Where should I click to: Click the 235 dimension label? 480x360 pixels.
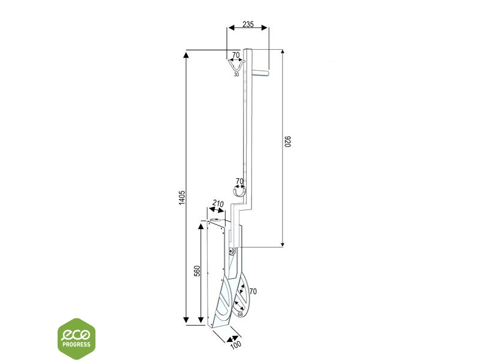coord(248,24)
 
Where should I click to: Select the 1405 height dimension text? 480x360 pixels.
coord(182,197)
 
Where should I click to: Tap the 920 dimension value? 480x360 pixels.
coord(287,142)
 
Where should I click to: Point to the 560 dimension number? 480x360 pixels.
coord(198,271)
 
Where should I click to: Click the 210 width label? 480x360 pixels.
coord(218,203)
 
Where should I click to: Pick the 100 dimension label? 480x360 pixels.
coord(235,345)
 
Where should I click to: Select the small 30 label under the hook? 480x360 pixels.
coord(236,74)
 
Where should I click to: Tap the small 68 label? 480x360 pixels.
coord(240,314)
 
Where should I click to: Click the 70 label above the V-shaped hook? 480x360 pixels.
coord(236,55)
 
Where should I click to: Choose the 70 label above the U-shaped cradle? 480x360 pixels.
coord(239,181)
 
